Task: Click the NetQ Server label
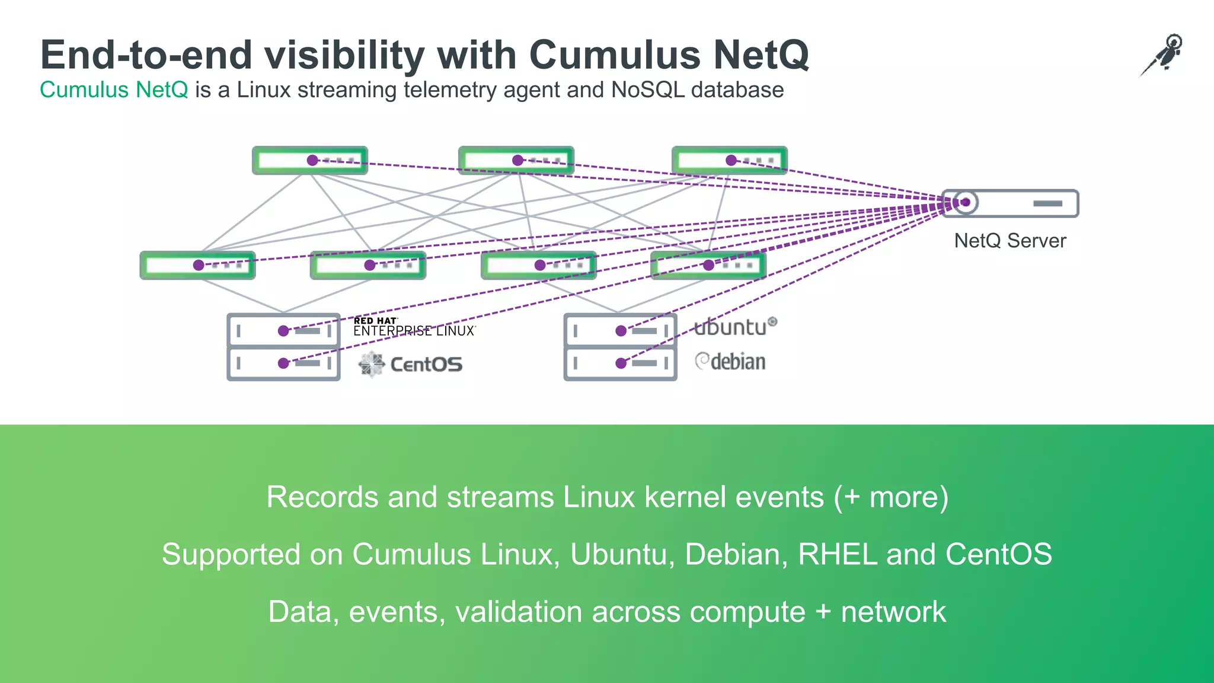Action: pos(1009,241)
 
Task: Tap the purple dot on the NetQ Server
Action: pos(966,203)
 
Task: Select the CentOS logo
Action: pos(411,364)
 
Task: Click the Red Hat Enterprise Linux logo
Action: pos(414,327)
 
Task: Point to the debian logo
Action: pos(730,362)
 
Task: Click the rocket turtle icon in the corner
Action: pos(1162,55)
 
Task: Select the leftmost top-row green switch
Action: pos(309,160)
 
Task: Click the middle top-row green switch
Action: pos(516,160)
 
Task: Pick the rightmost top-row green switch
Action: pos(729,160)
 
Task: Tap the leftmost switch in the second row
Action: pos(197,265)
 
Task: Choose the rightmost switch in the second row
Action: pos(708,265)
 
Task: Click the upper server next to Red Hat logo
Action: pos(283,330)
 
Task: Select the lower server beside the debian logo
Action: pos(620,363)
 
